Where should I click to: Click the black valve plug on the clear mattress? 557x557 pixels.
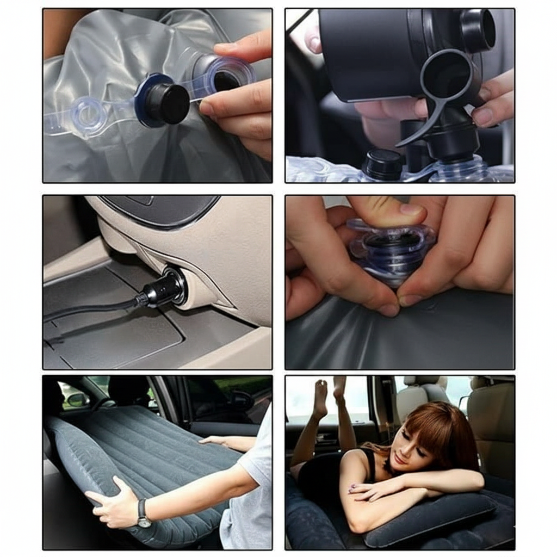(166, 103)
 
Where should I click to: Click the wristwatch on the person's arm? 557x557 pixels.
(143, 513)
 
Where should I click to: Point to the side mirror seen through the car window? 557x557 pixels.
(77, 400)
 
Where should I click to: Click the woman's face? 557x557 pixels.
(408, 443)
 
